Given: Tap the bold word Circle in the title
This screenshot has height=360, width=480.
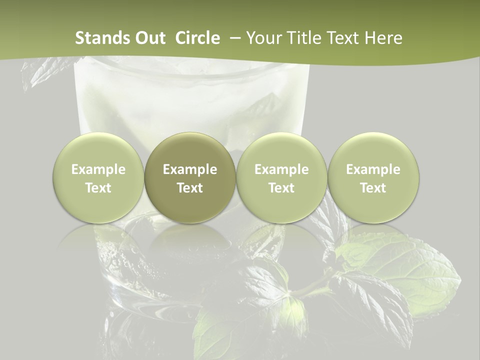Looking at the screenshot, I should [x=197, y=38].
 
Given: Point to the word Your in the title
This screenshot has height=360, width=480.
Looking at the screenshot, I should [x=263, y=38].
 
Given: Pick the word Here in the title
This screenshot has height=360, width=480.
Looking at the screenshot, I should [x=383, y=38].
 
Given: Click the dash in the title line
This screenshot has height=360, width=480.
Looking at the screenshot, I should [x=233, y=38].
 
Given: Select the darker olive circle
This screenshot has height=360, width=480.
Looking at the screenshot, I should [x=190, y=178].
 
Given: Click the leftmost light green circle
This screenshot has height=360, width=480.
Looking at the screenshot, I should [x=98, y=178].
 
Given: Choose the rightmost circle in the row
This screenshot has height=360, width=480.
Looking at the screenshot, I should [x=373, y=178].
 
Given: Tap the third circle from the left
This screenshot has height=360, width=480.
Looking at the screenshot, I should [x=281, y=178].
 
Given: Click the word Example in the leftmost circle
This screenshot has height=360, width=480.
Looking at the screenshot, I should [x=98, y=169].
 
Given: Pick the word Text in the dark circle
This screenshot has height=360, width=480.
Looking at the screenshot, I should [x=190, y=188].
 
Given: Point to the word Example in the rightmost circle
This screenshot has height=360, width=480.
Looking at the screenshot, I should [x=373, y=169].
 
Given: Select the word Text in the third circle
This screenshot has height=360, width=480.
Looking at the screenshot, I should [x=281, y=188].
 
